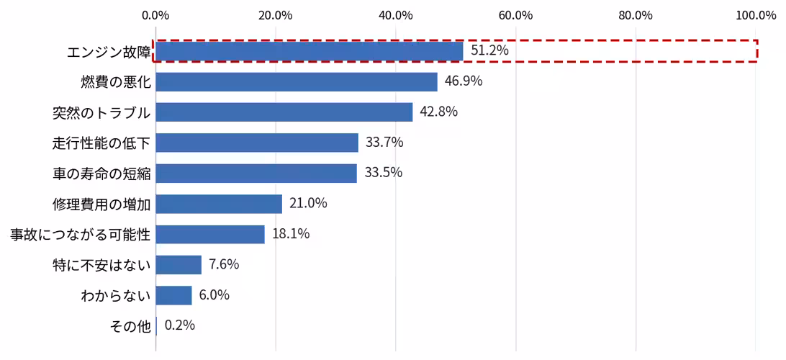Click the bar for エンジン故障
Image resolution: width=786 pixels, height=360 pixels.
click(x=310, y=51)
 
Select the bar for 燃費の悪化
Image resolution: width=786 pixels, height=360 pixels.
click(x=297, y=82)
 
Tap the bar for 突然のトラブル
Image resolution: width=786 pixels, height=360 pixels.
click(x=284, y=112)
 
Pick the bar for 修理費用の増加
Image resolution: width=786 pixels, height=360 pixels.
click(x=219, y=204)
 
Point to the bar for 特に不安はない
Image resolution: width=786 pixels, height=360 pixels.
click(x=179, y=265)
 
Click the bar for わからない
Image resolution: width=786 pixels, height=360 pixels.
click(x=174, y=295)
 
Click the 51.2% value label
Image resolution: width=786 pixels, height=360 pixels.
click(x=489, y=50)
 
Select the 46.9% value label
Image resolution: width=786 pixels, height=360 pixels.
click(x=464, y=81)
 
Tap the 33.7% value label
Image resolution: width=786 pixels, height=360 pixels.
click(x=384, y=143)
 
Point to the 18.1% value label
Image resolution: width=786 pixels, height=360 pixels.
click(x=291, y=234)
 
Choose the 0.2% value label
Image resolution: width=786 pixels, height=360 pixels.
click(x=179, y=325)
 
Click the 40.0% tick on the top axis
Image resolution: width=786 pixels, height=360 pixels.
click(x=396, y=15)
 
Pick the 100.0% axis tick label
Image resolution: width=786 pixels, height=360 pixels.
click(x=756, y=15)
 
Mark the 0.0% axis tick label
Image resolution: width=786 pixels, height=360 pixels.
click(x=156, y=15)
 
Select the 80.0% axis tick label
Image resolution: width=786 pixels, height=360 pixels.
click(x=636, y=15)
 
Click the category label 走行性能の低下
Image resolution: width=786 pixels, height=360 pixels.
click(x=101, y=143)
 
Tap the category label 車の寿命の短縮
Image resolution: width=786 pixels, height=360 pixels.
click(x=101, y=174)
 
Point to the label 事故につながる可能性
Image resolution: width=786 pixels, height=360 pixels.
click(x=81, y=234)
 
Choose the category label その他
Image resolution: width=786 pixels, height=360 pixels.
click(x=130, y=326)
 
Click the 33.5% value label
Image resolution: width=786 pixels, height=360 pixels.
click(x=384, y=173)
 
